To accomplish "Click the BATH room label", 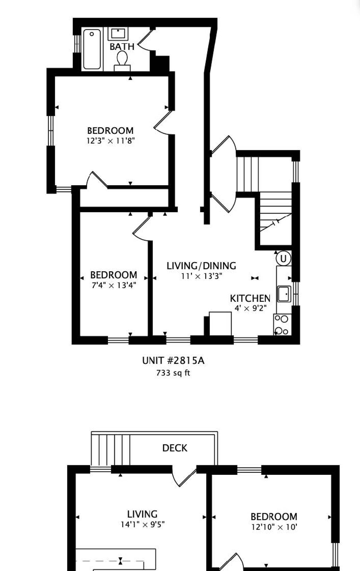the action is point(122,47).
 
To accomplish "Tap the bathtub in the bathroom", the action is point(92,49).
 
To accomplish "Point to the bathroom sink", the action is point(118,34).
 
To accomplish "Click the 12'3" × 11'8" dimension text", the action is point(111,141).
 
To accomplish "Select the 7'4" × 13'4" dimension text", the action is point(114,285).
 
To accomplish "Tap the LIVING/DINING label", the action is point(201,266).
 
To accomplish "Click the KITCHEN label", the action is point(250,298).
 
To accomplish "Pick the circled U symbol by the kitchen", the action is point(283,258).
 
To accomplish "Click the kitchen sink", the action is point(284,294).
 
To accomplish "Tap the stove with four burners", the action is point(282,325).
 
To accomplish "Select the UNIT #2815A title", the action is point(173,361).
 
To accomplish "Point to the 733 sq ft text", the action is point(173,373).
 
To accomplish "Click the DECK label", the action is point(175,448).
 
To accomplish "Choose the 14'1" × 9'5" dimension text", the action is point(143,524).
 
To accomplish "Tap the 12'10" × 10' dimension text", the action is point(274,527).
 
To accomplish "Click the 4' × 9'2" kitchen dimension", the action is point(251,308).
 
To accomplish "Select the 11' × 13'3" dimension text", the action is point(202,276).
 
